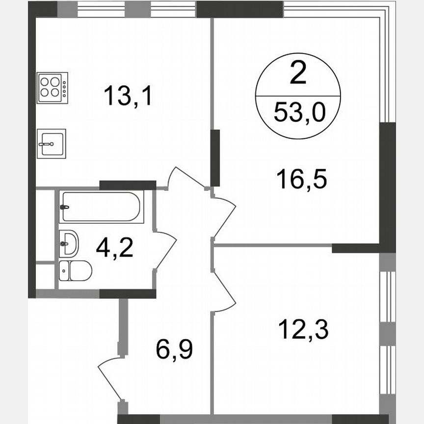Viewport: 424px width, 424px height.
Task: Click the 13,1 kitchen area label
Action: point(129,96)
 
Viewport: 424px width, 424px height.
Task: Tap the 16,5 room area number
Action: point(301,179)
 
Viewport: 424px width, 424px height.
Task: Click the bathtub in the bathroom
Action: point(102,207)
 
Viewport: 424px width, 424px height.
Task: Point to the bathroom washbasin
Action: point(68,242)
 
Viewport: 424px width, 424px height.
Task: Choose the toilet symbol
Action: point(75,271)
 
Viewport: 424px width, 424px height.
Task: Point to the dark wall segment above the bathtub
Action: point(127,185)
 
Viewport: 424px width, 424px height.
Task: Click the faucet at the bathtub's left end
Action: point(64,207)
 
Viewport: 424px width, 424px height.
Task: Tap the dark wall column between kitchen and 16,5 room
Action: point(215,157)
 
